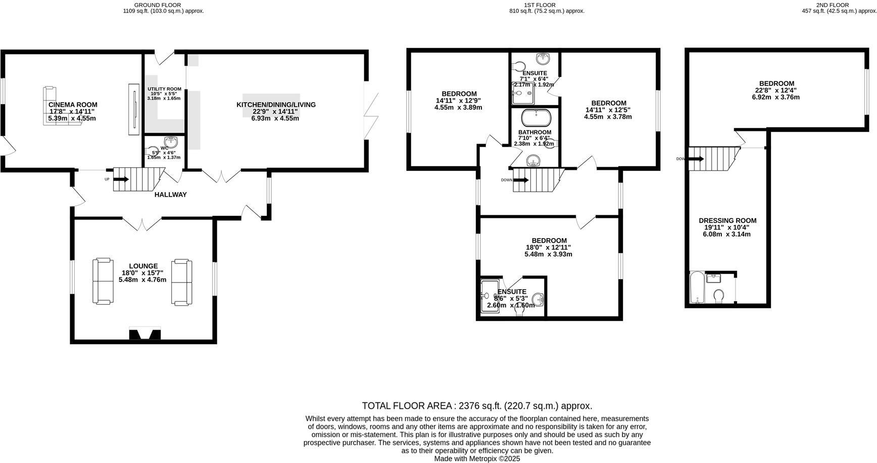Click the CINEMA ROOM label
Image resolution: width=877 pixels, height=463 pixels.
[73, 105]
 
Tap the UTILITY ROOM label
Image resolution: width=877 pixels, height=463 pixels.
[164, 89]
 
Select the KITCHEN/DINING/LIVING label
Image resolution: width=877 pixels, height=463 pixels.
[276, 105]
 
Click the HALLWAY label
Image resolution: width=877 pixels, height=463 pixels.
[170, 195]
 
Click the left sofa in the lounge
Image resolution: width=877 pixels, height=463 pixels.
[103, 281]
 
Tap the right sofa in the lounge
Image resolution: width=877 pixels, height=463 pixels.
[182, 282]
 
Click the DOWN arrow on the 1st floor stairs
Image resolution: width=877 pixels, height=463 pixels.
[521, 179]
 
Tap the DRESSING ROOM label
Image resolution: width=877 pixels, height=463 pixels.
[727, 220]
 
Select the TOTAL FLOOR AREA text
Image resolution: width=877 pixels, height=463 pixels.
[476, 405]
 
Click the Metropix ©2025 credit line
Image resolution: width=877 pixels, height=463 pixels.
[476, 458]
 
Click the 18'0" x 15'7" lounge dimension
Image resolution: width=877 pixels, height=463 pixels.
[143, 273]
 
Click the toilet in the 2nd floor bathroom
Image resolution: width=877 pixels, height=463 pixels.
[719, 295]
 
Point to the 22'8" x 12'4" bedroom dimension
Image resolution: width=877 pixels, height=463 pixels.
[775, 90]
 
